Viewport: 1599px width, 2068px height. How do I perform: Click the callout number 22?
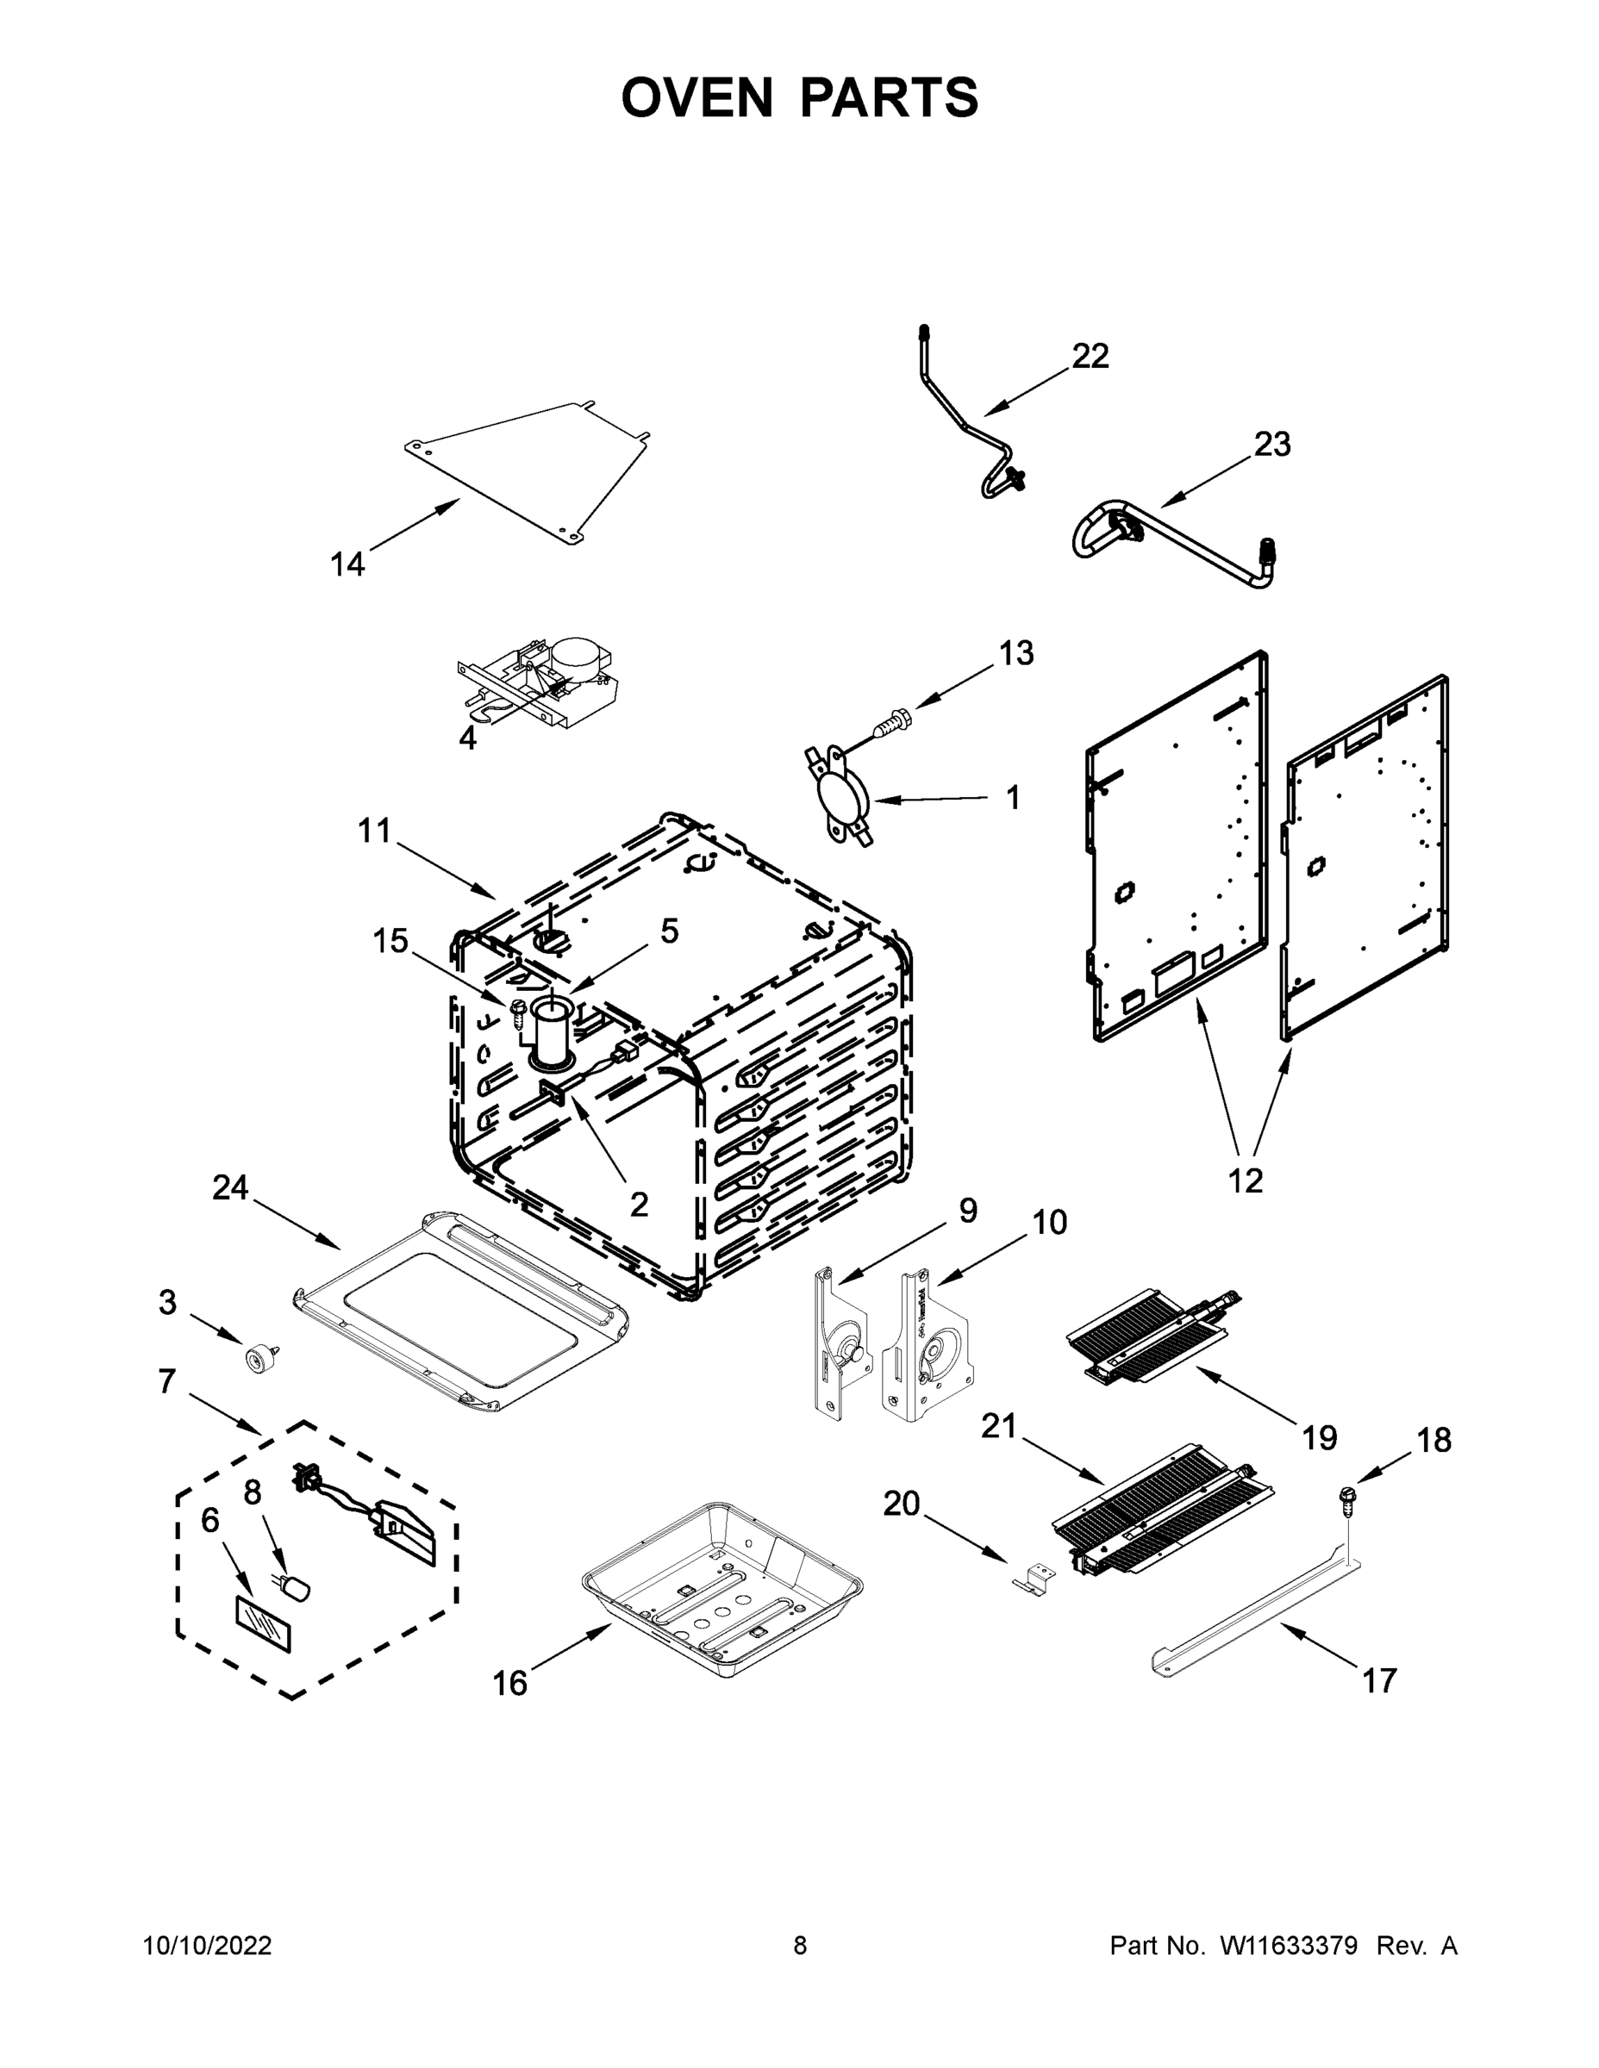click(x=1090, y=356)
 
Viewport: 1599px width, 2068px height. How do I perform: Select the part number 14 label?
click(x=347, y=564)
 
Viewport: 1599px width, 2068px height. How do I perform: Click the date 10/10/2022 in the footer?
click(x=208, y=1946)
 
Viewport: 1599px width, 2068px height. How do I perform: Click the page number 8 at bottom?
click(x=800, y=1946)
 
